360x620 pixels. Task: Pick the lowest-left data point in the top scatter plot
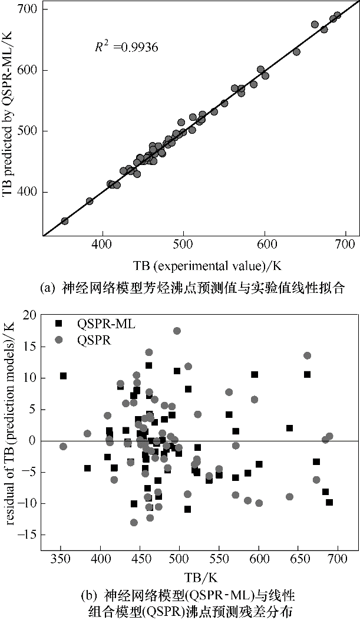65,221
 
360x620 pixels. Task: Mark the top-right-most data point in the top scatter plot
337,15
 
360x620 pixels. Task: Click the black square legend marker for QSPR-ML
58,323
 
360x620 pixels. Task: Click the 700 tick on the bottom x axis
337,559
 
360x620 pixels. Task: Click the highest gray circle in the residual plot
177,331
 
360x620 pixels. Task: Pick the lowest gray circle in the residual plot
134,522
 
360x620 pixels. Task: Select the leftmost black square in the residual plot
64,375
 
